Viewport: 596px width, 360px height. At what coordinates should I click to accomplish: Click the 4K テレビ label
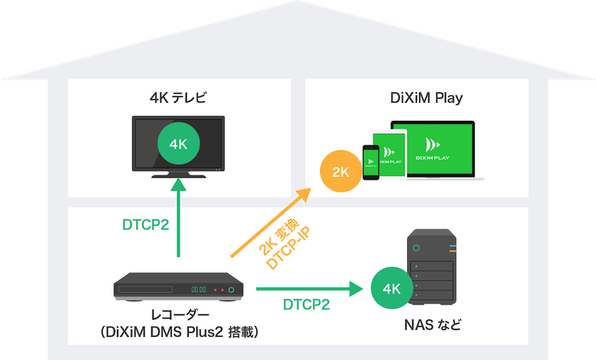click(178, 97)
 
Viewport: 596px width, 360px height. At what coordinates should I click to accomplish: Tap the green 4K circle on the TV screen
click(178, 144)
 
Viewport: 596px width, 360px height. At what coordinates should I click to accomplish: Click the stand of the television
click(178, 174)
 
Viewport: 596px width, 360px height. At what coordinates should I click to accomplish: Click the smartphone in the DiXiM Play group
click(370, 162)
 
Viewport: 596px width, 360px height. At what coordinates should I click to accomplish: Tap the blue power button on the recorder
click(230, 290)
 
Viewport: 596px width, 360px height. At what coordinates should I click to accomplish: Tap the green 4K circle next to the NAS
click(392, 289)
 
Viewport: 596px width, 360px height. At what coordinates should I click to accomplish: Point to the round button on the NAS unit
click(417, 248)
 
